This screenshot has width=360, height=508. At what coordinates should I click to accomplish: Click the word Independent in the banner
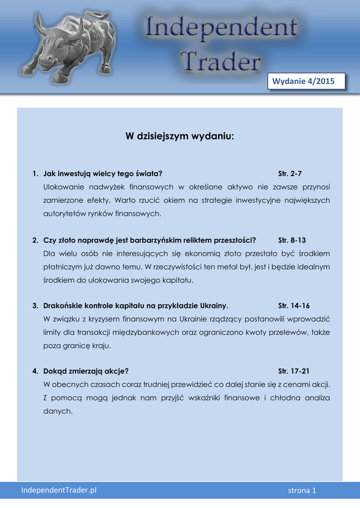tap(221, 30)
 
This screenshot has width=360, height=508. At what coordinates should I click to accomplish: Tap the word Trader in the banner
tap(220, 63)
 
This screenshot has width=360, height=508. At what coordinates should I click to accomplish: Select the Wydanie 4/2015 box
tap(306, 81)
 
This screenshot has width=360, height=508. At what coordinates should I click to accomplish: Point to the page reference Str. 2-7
tap(290, 174)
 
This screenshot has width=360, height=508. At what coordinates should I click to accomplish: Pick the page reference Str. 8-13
tap(292, 240)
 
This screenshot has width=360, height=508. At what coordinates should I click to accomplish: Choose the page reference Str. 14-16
tap(294, 306)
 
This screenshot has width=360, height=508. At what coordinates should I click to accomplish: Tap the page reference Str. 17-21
tap(294, 371)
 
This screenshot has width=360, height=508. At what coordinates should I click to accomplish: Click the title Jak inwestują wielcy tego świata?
tap(103, 174)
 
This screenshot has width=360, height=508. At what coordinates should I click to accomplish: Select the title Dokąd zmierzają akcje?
tap(86, 371)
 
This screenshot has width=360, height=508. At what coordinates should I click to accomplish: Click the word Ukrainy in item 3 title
tap(214, 306)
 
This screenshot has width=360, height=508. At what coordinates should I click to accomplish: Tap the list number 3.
tap(35, 306)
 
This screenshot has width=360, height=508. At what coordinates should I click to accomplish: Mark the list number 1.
tap(35, 174)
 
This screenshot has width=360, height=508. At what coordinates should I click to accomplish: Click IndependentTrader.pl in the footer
tap(59, 490)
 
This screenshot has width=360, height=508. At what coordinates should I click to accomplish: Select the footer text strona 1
tap(302, 491)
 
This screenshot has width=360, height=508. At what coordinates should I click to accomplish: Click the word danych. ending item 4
tap(58, 411)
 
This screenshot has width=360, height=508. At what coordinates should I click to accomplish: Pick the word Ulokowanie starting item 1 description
tap(64, 187)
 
